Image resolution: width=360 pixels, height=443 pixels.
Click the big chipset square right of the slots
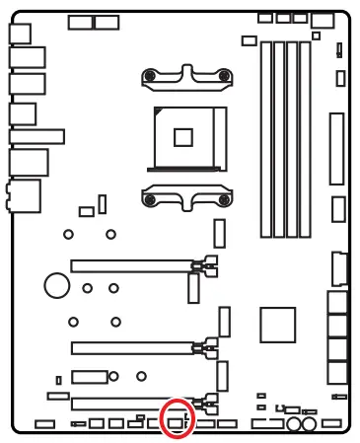(x=278, y=325)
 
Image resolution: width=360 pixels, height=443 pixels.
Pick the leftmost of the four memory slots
(x=265, y=138)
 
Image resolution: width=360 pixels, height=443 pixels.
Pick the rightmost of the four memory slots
(x=307, y=138)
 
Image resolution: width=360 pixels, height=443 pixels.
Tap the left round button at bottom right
(x=295, y=425)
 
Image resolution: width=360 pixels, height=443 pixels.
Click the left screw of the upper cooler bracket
(x=149, y=74)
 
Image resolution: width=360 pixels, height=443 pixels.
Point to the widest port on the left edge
(x=37, y=135)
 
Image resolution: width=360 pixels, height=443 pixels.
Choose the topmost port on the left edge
(x=21, y=32)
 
